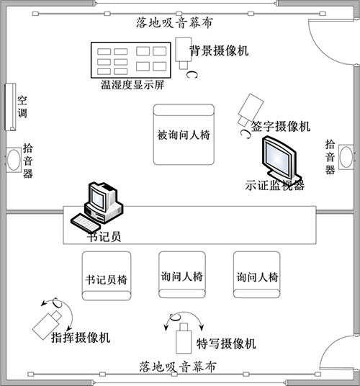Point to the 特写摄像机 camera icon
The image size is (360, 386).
183,336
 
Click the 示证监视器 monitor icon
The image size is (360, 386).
278,159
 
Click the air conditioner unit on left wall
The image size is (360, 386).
9,106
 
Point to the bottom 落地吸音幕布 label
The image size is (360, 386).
177,367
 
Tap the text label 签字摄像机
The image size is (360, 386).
280,127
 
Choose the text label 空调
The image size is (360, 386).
23,107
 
